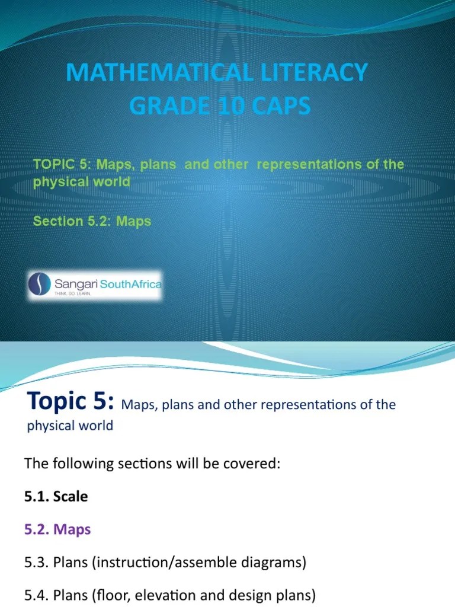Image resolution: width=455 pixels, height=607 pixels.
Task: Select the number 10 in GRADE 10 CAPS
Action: [x=219, y=106]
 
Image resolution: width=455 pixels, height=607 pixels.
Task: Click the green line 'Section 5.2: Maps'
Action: [x=92, y=221]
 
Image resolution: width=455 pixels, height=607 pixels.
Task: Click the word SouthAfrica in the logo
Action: [x=131, y=285]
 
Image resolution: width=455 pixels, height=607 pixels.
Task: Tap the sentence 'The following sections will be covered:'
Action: [x=152, y=464]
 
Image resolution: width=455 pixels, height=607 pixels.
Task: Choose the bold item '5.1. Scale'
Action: [x=56, y=496]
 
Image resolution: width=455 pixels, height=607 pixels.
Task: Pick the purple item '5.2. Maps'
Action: [x=58, y=529]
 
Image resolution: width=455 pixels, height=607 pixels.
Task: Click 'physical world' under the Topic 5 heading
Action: [x=70, y=426]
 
